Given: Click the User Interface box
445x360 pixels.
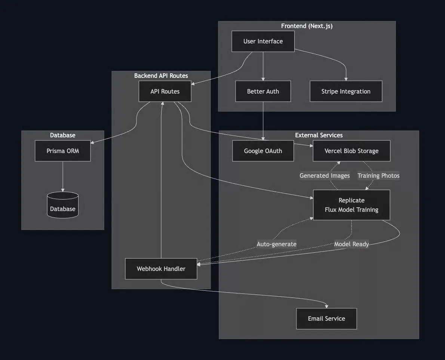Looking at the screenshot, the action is (x=263, y=42).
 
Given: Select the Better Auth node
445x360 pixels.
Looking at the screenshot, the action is (x=263, y=91).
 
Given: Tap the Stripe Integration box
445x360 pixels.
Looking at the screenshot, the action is (x=346, y=91).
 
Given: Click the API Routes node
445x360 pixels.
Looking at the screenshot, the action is (x=165, y=91).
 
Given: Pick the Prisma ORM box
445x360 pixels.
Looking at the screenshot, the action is (x=63, y=151).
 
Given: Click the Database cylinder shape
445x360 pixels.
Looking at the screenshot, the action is (x=63, y=205).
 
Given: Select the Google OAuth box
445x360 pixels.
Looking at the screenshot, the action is (x=263, y=151).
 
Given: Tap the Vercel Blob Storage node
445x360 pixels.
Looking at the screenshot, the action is (x=352, y=151).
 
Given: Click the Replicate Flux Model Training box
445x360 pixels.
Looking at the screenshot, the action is (x=352, y=205).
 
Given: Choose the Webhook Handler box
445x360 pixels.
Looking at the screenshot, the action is (x=161, y=269).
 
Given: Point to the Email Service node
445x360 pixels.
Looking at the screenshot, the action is (x=326, y=318).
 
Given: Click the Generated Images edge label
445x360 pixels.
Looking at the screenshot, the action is (x=325, y=176).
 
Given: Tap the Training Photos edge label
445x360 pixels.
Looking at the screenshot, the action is (x=378, y=176).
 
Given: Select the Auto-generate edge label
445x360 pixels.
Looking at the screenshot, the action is (x=276, y=244).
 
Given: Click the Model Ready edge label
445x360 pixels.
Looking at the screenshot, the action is (x=352, y=244).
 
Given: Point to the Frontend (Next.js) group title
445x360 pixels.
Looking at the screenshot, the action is (x=307, y=26).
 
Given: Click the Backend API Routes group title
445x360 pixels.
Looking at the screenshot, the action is (x=161, y=76).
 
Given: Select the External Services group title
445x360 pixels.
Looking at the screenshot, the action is (x=319, y=135).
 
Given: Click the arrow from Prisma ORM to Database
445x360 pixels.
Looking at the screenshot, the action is (x=63, y=177).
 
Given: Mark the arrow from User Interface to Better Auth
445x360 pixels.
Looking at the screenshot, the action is (x=263, y=67).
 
